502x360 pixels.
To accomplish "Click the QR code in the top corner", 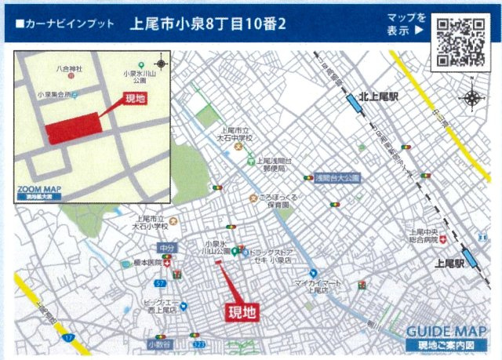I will tap(461, 41).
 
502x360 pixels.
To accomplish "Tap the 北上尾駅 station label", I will tap(379, 96).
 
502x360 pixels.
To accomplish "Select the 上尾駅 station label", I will tap(449, 265).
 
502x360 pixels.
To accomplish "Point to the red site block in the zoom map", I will tap(73, 127).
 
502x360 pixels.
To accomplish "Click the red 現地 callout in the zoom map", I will tap(135, 100).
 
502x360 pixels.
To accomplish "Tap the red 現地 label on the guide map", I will tap(242, 311).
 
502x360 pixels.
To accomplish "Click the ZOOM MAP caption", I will tap(39, 189).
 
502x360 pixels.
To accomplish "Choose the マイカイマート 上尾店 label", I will tap(311, 285).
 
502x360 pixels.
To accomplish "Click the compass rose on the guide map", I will tap(473, 98).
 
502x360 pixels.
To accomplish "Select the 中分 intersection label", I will tap(166, 249).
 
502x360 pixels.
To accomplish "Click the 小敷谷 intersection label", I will tap(159, 344).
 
